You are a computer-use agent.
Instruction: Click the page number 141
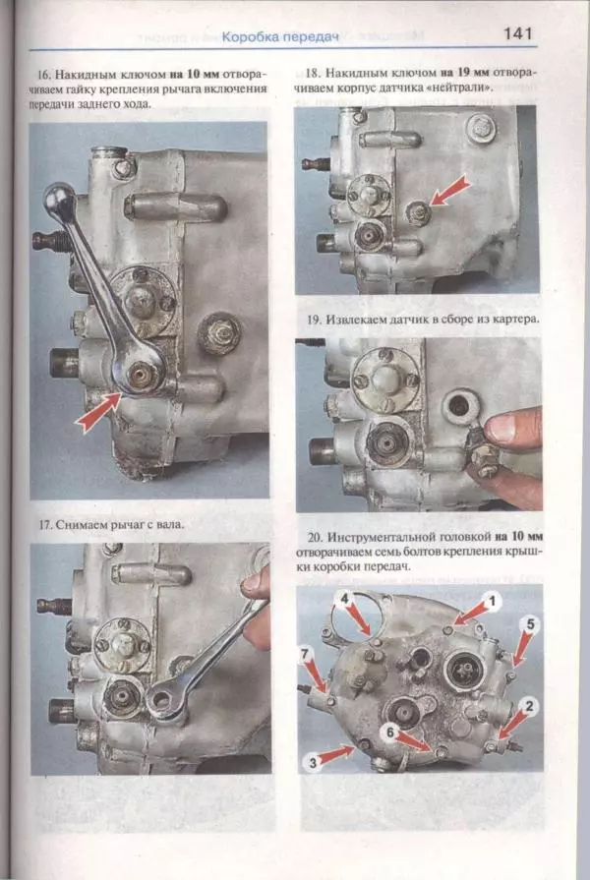(517, 33)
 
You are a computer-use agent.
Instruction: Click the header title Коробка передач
(280, 37)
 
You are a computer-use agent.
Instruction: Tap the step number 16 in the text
(42, 75)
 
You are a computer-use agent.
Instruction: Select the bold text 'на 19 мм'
(464, 73)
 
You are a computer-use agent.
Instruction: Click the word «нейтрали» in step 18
(465, 88)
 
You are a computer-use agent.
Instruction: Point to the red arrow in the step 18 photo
(449, 190)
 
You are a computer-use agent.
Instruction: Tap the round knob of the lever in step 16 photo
(57, 196)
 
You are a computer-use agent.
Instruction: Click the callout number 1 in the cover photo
(493, 602)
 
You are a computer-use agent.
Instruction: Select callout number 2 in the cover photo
(529, 706)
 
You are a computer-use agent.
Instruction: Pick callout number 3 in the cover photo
(313, 762)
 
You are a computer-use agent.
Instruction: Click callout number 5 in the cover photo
(530, 624)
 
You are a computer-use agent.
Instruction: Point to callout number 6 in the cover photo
(390, 732)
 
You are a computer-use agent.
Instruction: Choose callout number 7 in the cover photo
(305, 655)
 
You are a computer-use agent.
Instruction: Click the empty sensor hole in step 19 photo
(458, 406)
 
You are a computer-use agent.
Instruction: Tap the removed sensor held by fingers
(482, 452)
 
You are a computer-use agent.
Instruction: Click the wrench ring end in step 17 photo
(162, 701)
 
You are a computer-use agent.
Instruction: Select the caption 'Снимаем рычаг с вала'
(120, 525)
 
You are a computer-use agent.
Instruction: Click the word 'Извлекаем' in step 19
(353, 320)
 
